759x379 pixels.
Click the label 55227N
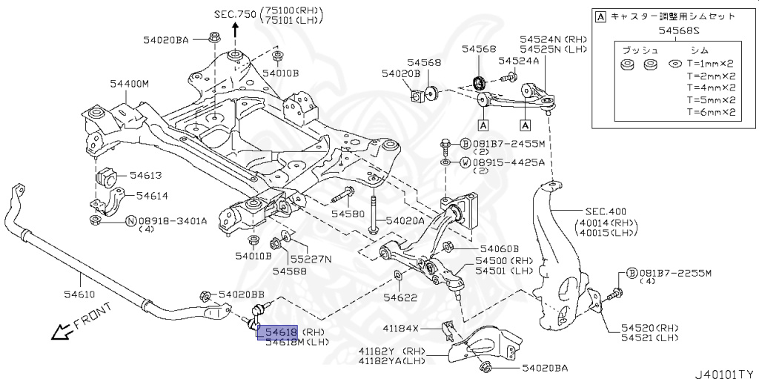point(311,259)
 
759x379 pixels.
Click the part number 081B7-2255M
point(675,273)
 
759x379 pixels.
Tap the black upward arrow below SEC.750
point(236,30)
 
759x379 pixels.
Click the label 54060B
point(499,249)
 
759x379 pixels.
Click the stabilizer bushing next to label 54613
point(107,178)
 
